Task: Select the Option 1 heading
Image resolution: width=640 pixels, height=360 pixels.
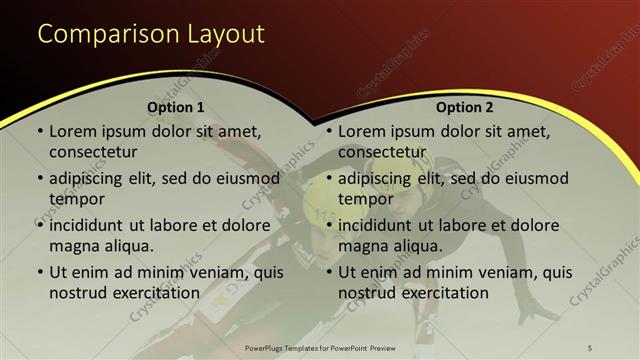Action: coord(176,107)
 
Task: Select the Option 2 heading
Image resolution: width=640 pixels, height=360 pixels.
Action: coord(465,107)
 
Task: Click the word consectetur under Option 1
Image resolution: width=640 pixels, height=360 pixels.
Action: coord(93,152)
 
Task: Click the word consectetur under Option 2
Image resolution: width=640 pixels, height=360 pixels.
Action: coord(382,152)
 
